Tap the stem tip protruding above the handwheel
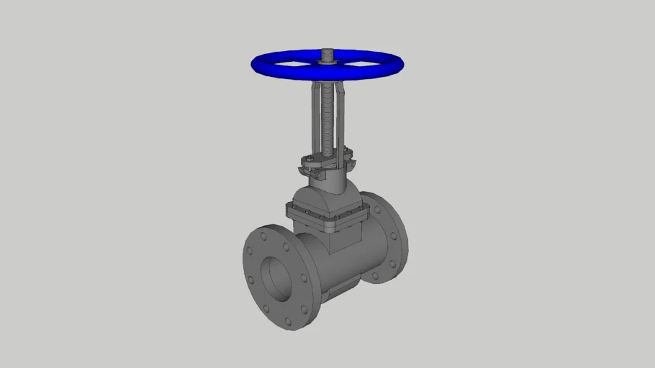pos(327,53)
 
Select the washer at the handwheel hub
pos(328,63)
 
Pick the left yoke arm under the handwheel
pos(315,119)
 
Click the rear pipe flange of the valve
pos(389,237)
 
